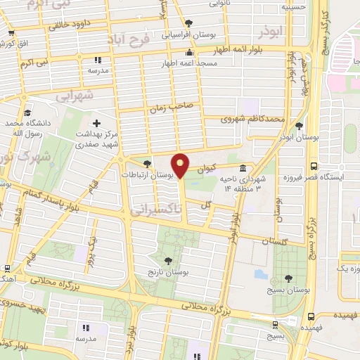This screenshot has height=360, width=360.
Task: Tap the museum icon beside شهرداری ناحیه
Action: pos(243,169)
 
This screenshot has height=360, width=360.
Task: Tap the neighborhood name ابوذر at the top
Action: pos(271,32)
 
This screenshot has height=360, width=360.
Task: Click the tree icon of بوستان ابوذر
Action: pos(300,127)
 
